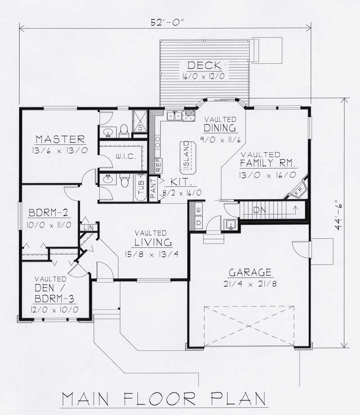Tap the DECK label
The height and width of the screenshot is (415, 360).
click(204, 66)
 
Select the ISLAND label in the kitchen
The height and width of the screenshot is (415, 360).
click(185, 158)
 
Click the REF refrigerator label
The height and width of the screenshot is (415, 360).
click(158, 166)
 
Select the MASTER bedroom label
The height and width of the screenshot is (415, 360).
click(60, 139)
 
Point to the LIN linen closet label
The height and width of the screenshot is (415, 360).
click(88, 228)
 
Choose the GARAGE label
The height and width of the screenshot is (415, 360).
click(250, 272)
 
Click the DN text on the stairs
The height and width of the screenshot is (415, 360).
click(260, 210)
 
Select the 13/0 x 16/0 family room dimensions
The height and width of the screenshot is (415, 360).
click(267, 174)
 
